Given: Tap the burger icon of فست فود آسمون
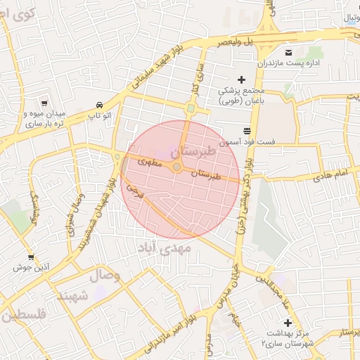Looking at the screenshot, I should pos(247,131).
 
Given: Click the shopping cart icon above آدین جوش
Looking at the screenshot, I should pos(31,258).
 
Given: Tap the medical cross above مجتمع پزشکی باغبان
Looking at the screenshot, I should pos(241,80).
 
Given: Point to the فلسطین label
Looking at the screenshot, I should pos(24,316).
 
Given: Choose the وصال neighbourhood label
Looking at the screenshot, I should pos(104,276).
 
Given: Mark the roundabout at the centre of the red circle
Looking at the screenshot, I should pos(177,167).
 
